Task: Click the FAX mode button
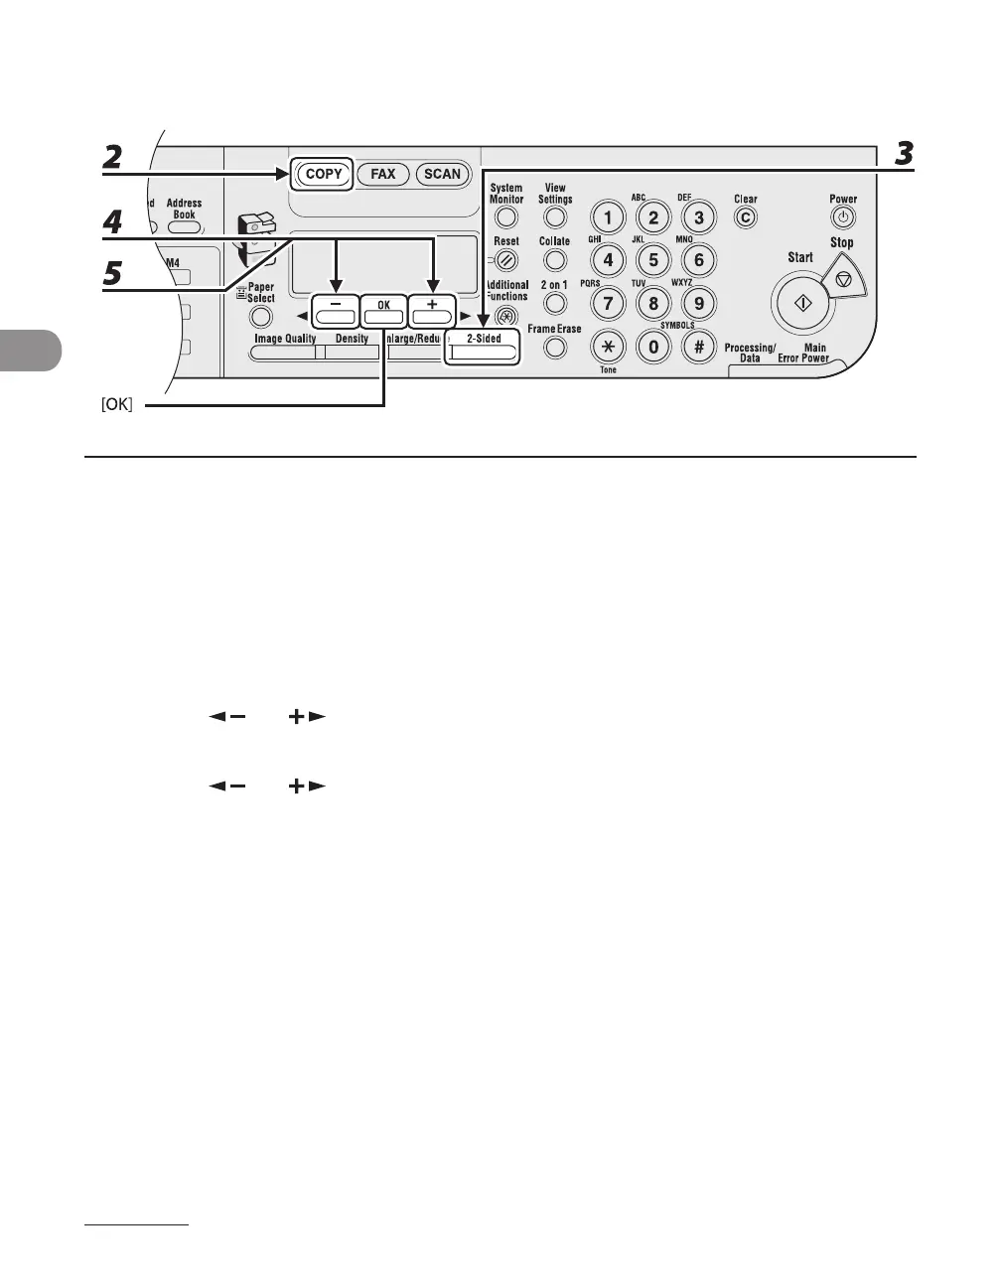tap(383, 174)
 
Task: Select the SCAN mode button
tap(442, 174)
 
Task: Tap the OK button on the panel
tap(383, 313)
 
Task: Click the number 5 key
tap(653, 261)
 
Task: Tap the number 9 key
tap(699, 304)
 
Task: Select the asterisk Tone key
tap(608, 347)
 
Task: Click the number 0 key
tap(653, 347)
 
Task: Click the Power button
tap(843, 217)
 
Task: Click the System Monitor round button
tap(506, 216)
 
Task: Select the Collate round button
tap(555, 260)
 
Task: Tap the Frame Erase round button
tap(555, 348)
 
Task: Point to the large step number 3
tap(904, 153)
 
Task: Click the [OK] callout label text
tap(117, 405)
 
